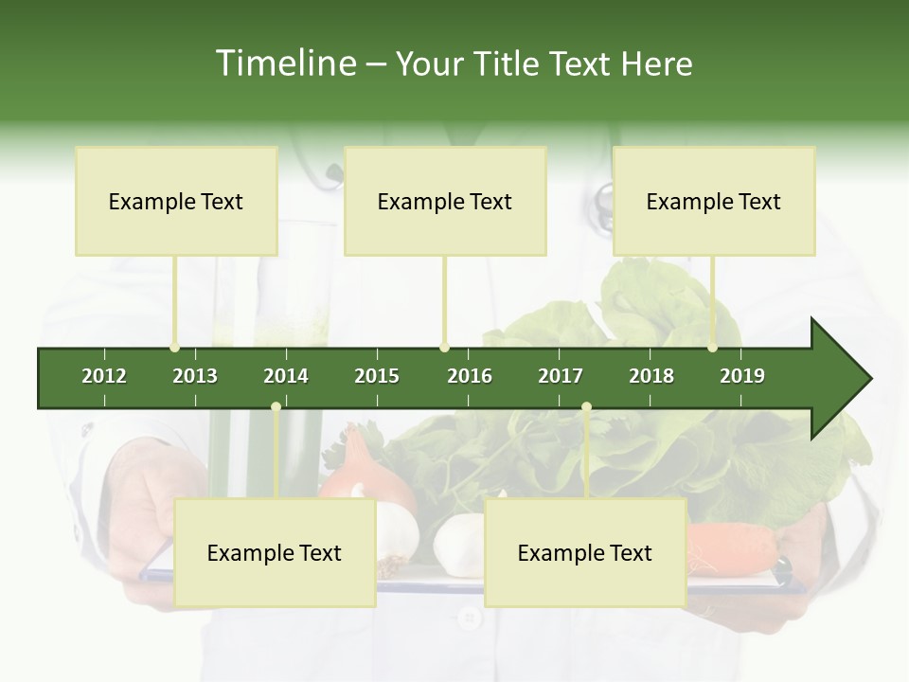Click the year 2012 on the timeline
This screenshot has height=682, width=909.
point(104,376)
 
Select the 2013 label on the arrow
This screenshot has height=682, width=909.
point(195,376)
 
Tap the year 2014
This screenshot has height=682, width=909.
point(286,376)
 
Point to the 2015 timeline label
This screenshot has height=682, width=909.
point(377,376)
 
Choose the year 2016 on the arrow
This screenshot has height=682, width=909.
point(470,376)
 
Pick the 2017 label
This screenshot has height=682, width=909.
point(561,376)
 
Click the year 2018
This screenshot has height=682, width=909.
point(651,376)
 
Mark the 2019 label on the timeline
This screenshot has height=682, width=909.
point(742,376)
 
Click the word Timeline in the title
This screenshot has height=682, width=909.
point(285,63)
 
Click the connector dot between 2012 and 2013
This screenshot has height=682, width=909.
point(175,348)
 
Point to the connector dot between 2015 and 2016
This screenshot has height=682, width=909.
point(445,348)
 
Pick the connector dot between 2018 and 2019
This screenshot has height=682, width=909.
point(713,348)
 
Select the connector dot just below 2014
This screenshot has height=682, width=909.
point(276,407)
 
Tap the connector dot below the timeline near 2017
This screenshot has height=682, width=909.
point(586,407)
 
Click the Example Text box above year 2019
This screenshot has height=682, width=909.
point(713,201)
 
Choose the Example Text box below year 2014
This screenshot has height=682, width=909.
point(274,552)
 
